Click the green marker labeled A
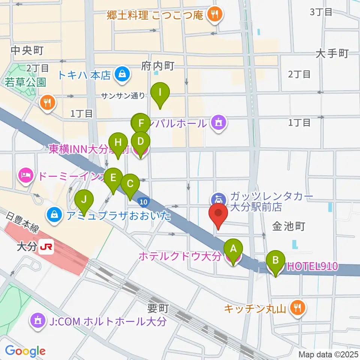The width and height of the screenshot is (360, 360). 233,249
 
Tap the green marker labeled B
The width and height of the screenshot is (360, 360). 276,260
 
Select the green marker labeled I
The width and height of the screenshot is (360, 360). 160,92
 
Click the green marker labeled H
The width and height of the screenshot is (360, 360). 118,143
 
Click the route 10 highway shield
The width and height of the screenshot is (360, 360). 142,202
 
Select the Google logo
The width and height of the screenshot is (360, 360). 25,351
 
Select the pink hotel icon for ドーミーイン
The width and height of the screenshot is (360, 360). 26,175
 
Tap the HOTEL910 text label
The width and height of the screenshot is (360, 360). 312,267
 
